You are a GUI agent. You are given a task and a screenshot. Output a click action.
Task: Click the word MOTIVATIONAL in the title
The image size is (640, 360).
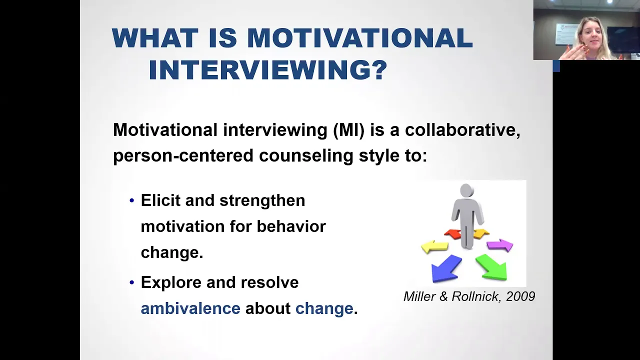360,38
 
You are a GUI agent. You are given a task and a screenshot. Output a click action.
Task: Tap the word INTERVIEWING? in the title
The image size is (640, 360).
268,69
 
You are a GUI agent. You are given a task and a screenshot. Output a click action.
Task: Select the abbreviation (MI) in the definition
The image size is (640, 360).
349,130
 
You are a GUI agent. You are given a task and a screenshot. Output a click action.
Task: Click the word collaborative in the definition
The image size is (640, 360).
462,130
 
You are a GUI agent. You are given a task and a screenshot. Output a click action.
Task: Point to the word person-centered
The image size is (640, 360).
183,156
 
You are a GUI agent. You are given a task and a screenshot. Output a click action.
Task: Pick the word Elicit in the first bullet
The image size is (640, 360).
160,200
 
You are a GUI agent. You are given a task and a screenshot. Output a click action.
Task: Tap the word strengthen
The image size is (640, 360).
262,201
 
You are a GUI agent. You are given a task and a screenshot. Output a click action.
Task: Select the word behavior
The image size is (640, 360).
291,226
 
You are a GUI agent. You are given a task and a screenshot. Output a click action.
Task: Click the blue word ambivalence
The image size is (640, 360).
190,308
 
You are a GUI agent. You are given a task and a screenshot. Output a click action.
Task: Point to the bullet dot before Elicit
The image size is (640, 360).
131,200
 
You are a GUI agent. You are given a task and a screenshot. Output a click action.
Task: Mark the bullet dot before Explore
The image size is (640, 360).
131,283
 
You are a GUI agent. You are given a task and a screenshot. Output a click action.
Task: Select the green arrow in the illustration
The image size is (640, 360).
491,267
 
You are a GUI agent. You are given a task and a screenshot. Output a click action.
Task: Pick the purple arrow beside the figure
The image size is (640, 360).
500,245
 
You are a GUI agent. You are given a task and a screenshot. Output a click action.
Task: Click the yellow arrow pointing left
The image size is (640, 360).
434,246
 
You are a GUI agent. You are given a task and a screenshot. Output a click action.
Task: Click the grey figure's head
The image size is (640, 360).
467,190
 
